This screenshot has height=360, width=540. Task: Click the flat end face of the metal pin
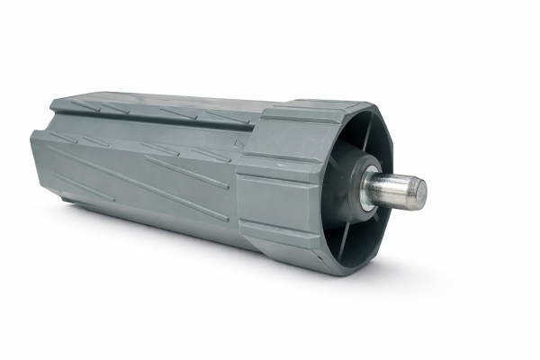click(419, 191)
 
